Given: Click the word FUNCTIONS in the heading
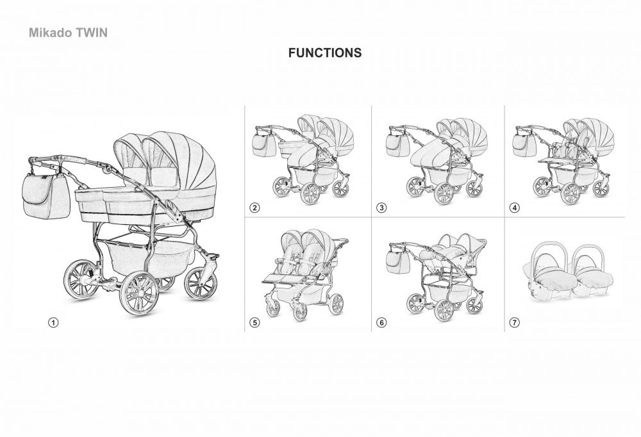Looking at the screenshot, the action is tap(324, 53).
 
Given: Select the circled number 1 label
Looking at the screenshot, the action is tap(53, 322).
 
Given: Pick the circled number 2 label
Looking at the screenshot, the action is tap(254, 208).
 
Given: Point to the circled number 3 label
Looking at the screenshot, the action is tap(381, 208).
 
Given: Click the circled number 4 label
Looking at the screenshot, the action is tap(514, 208).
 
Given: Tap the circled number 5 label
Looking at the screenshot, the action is tap(254, 322).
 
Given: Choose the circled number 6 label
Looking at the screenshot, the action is tap(381, 322).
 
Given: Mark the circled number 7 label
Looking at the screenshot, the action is tap(514, 322).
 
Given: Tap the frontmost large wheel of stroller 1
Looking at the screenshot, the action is tap(139, 293).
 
